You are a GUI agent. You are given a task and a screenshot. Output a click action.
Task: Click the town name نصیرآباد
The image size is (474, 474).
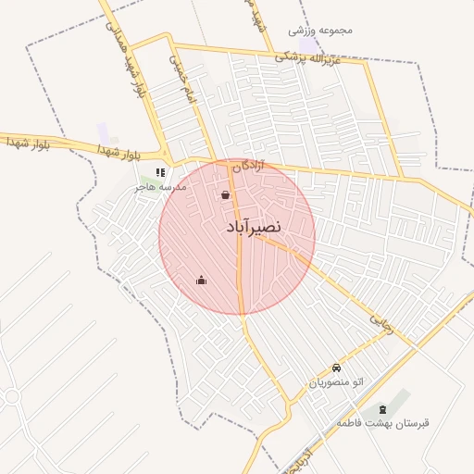[x=253, y=226]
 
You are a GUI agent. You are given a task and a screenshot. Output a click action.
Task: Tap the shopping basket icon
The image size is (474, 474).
[x=226, y=195]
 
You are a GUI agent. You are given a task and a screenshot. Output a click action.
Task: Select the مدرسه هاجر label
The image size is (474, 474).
[x=160, y=186]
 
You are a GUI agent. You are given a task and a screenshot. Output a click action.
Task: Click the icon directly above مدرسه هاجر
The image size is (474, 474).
[x=160, y=172]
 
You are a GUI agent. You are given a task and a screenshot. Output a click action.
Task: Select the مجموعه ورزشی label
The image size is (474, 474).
[x=321, y=30]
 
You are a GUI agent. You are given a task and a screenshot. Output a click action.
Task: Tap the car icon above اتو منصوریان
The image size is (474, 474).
[x=335, y=368]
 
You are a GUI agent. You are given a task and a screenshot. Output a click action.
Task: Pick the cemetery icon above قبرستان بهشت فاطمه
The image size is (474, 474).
[x=383, y=409]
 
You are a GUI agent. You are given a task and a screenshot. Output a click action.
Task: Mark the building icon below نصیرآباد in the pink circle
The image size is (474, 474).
[x=202, y=281]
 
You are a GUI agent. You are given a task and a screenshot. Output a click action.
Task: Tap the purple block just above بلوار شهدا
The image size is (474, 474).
[x=103, y=131]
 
